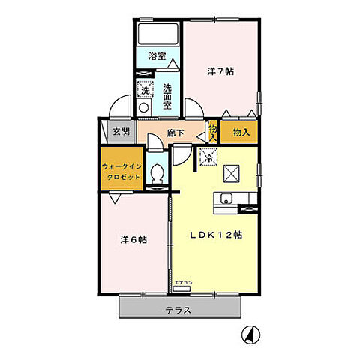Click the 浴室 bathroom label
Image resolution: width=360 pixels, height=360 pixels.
point(156,56)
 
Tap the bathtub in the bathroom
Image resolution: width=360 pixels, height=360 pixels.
point(157,34)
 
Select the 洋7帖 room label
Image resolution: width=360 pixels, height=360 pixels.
point(220,72)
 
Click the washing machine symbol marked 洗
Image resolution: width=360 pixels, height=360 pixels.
point(145,89)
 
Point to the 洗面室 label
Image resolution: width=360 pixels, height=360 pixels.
point(167,96)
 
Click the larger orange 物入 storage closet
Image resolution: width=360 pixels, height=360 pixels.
point(241,133)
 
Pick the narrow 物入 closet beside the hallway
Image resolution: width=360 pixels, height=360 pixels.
point(214,133)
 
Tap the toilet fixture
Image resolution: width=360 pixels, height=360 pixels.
point(157,174)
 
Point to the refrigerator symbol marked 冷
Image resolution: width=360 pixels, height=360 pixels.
point(208,157)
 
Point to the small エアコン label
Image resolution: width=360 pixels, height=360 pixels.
point(183,282)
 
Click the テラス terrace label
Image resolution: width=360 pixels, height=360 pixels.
point(178,310)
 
